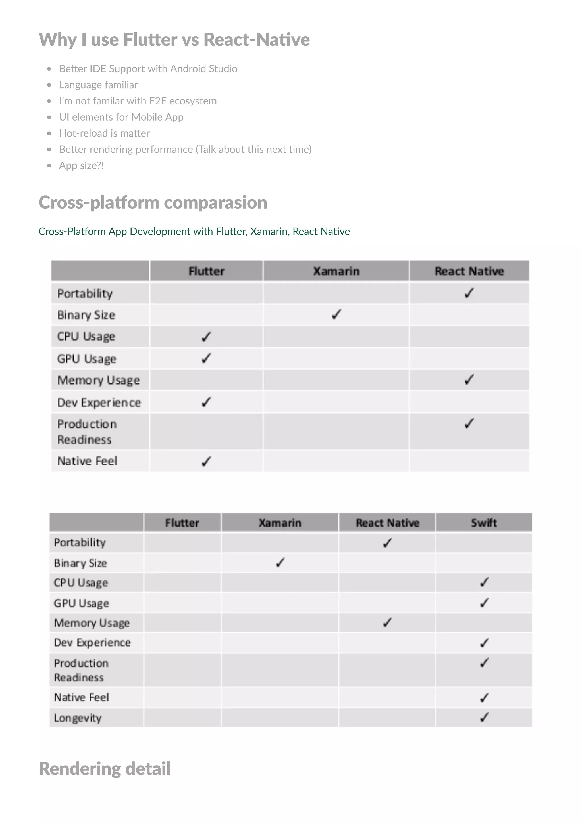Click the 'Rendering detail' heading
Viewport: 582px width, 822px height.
(x=104, y=769)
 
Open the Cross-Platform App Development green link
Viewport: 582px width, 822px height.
(x=194, y=231)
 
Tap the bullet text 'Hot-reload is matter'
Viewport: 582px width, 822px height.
(x=104, y=133)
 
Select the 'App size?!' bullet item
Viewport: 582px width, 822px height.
(x=81, y=165)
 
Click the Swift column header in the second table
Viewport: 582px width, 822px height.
(x=484, y=523)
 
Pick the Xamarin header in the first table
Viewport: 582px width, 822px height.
(x=336, y=271)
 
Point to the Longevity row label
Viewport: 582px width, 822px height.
(x=78, y=718)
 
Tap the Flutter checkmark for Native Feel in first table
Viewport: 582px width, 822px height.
(x=206, y=461)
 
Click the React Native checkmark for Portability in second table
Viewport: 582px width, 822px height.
(x=387, y=543)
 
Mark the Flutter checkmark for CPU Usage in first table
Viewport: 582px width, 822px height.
(x=206, y=337)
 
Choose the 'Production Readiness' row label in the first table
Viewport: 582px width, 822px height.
(x=87, y=431)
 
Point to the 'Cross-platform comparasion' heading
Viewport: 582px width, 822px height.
(x=153, y=202)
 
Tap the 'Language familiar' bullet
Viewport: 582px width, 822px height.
(x=98, y=85)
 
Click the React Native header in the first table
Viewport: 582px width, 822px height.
(x=469, y=271)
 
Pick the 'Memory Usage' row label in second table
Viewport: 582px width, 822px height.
(x=92, y=623)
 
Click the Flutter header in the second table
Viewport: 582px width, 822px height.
(x=182, y=523)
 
